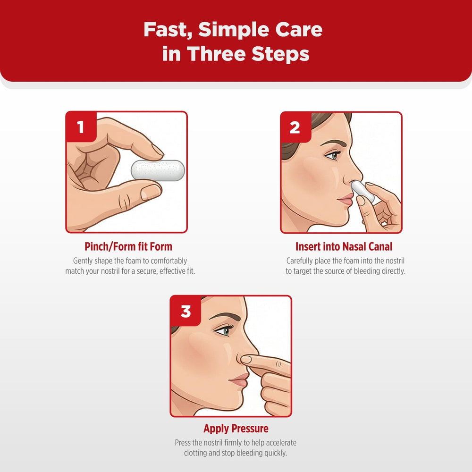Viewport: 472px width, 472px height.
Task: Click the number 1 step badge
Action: (81, 126)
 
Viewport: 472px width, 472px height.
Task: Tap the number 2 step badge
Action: (295, 127)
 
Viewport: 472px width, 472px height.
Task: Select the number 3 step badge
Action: (185, 311)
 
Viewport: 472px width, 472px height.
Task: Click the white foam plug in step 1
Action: (158, 170)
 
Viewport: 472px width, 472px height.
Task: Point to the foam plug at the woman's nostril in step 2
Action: (362, 191)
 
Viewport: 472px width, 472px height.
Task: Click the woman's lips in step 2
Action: (346, 199)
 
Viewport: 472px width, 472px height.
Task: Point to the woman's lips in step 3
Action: (239, 380)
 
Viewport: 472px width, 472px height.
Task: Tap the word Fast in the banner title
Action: (168, 30)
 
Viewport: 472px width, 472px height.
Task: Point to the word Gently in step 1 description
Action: (83, 261)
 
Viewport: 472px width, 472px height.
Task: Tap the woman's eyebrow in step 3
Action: (225, 317)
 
